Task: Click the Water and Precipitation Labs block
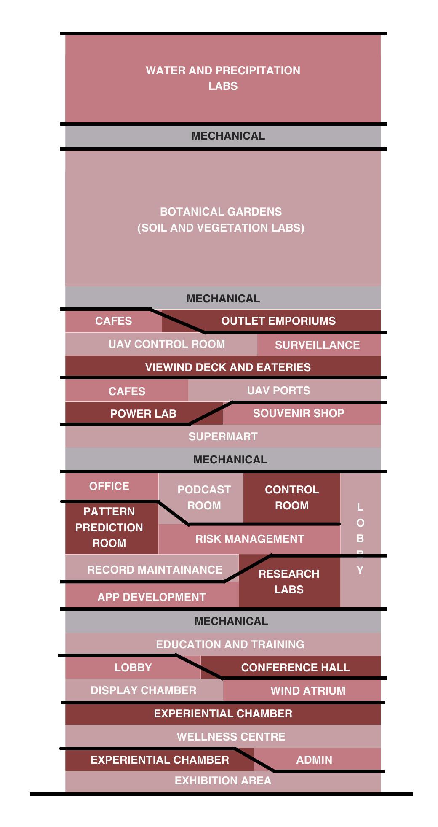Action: click(x=223, y=78)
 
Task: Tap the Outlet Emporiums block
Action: click(x=278, y=321)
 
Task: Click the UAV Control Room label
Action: click(x=166, y=344)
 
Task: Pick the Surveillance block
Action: click(x=317, y=345)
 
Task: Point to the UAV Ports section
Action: click(x=278, y=391)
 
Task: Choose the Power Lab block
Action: click(x=143, y=414)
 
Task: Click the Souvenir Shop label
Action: click(x=299, y=413)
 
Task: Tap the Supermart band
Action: click(x=223, y=436)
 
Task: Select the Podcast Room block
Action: click(x=204, y=497)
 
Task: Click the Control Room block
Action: click(x=291, y=497)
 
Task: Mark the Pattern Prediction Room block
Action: click(x=109, y=527)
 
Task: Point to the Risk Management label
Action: click(x=249, y=539)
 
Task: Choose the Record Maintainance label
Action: click(x=155, y=570)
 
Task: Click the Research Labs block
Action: click(x=289, y=582)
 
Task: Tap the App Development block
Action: click(x=152, y=597)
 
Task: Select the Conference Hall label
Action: click(x=295, y=668)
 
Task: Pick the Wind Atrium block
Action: click(x=308, y=691)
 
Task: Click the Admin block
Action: click(x=314, y=760)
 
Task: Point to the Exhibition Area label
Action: click(x=223, y=781)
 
